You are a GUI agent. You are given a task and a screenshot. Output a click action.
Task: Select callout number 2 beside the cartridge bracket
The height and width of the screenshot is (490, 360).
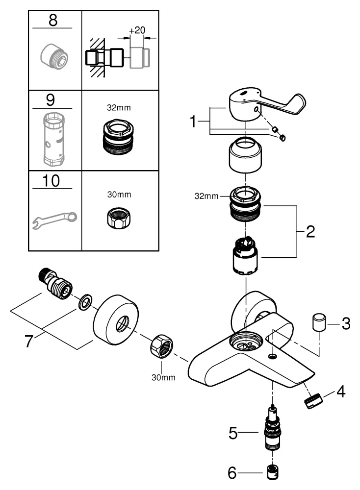(310, 232)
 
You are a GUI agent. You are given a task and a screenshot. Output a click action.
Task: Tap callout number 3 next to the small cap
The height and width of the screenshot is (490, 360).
(346, 324)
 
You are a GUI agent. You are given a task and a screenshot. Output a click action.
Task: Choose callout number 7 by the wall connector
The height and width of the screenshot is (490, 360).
(30, 340)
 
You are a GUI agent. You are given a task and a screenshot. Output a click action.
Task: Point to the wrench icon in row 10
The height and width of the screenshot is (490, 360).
(54, 219)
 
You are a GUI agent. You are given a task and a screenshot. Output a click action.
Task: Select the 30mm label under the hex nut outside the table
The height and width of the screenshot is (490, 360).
(162, 377)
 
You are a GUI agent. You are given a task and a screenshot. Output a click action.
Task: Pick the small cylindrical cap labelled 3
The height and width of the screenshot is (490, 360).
(318, 324)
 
